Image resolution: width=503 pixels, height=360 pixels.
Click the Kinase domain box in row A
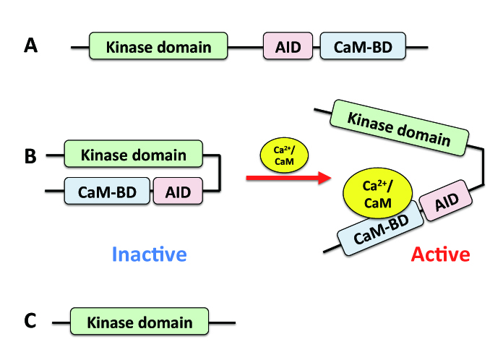pos(158,47)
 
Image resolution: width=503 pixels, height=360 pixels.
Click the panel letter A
pos(30,46)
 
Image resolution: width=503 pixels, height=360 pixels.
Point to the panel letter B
pos(30,155)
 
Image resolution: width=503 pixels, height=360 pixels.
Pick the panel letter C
pos(30,321)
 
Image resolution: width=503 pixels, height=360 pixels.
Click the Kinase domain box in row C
pos(139,322)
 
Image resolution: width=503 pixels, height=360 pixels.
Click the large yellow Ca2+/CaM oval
pos(377,195)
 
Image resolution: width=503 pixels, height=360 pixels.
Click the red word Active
pos(440,254)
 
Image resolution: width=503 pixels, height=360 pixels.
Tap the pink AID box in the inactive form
pos(177,191)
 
